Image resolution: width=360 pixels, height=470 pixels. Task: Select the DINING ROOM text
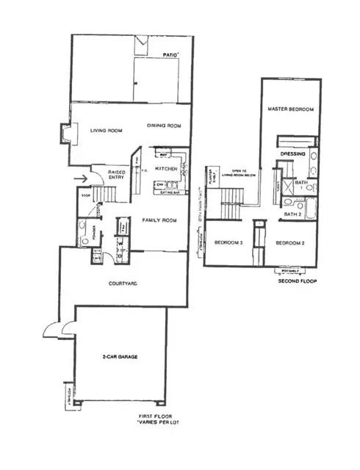(164, 126)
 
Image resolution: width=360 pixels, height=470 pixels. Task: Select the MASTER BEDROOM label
(292, 109)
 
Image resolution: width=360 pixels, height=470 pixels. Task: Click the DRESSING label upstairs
(293, 154)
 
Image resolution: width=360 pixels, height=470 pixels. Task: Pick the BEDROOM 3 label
(229, 242)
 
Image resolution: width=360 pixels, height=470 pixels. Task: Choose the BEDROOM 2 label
(290, 242)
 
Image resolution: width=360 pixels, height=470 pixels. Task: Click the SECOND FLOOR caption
(297, 281)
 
